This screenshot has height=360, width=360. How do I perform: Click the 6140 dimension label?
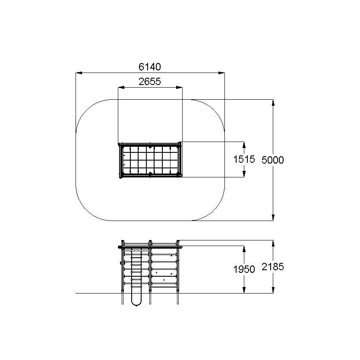pos(150,67)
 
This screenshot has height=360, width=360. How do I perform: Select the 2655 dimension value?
pos(150,82)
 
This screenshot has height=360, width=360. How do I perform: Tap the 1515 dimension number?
pos(244,159)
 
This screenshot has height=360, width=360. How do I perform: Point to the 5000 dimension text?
pos(273,160)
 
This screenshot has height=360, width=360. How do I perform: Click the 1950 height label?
pos(244,269)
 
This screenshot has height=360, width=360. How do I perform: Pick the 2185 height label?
pos(273,267)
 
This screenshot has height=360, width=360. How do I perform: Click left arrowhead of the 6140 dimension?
pos(79,73)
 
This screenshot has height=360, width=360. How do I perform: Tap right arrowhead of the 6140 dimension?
pos(221,73)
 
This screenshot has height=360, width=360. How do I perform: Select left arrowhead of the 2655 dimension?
pos(121,88)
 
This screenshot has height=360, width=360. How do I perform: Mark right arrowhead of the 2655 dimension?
pos(179,88)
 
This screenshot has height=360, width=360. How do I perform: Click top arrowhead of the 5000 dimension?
pos(273,103)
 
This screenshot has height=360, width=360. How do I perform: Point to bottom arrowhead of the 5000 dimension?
pos(273,218)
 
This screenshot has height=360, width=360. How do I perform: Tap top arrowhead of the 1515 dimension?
pos(244,145)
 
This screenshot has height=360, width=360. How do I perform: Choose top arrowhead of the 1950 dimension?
pos(244,249)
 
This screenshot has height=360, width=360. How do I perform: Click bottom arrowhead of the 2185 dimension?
pos(273,290)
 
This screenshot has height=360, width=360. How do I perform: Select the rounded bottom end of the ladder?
pos(136,304)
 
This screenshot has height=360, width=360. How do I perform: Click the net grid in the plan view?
pos(150,160)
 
